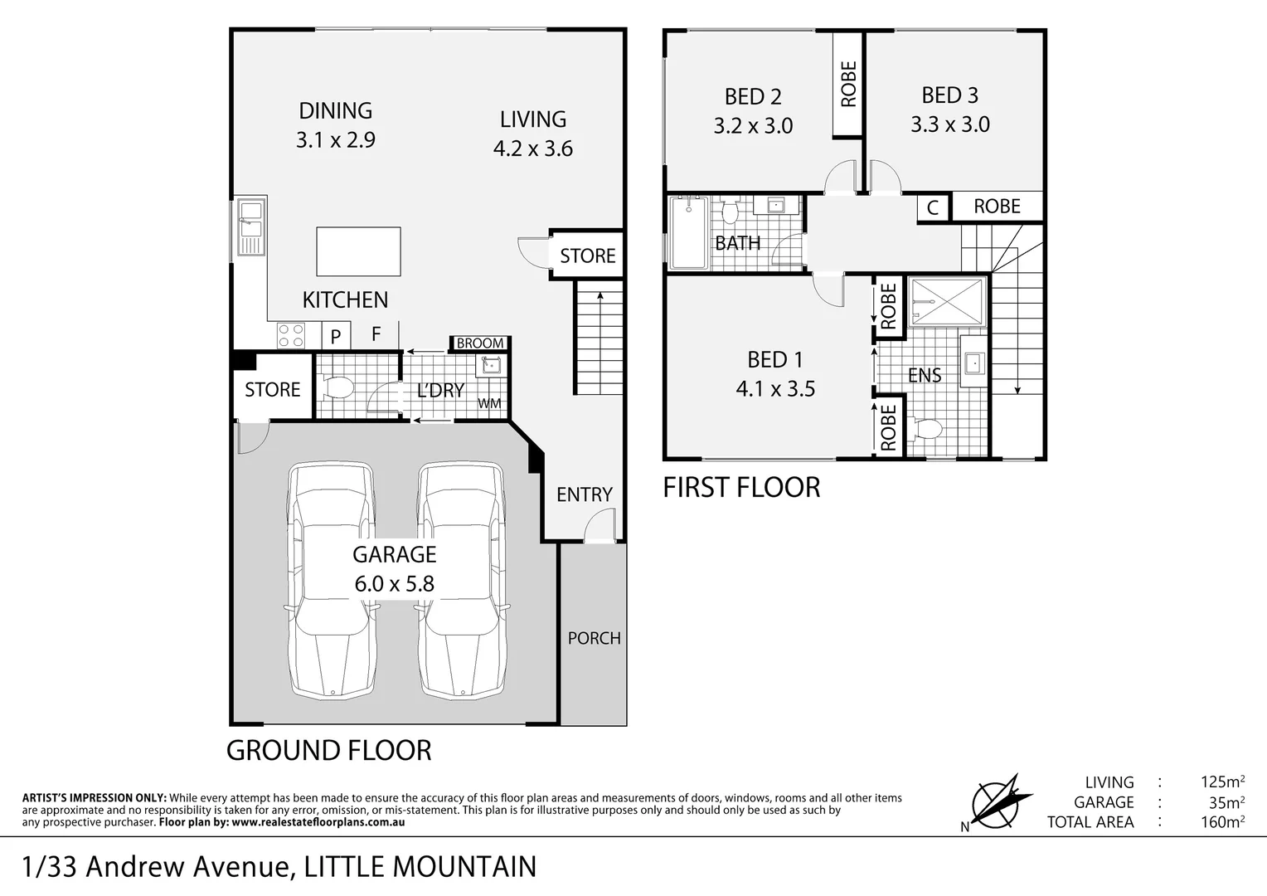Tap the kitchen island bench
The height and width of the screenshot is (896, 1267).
pos(358,251)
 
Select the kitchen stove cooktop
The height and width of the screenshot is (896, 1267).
pos(291,335)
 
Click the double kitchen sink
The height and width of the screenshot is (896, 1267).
pos(250,226)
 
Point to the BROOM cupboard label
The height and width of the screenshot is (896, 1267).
pos(479,343)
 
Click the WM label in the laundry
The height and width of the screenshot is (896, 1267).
pos(489,404)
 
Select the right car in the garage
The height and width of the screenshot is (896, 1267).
pos(461,581)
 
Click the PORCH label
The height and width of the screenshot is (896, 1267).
pos(594,638)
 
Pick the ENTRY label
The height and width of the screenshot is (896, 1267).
pos(584,494)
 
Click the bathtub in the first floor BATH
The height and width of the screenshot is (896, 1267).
pos(688,233)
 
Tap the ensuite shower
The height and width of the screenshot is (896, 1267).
pos(946,302)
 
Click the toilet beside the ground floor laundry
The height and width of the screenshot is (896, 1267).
pos(338,387)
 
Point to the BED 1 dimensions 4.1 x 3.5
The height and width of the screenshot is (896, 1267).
pos(775,388)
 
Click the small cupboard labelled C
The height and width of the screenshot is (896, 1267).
pos(933,207)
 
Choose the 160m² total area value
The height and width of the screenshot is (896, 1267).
pos(1222,822)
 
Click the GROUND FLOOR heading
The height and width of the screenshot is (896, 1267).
pos(329,750)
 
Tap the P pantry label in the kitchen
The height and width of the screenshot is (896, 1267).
pos(336,336)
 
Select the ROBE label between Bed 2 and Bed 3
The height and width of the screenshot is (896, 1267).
pos(848,84)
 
